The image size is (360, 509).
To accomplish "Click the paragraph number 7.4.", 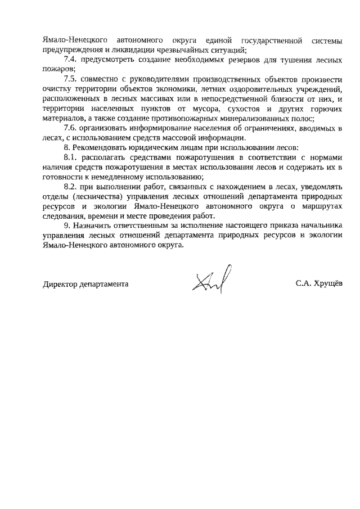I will coord(71,59).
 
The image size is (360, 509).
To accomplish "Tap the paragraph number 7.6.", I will coord(71,128).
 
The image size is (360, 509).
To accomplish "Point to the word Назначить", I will coord(92,226).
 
